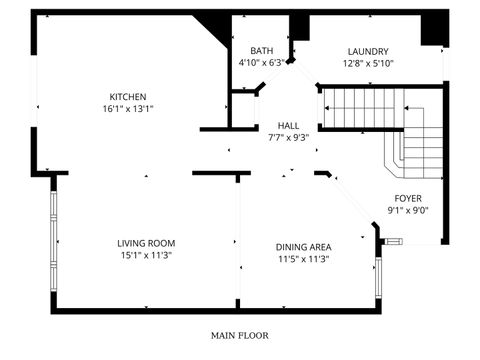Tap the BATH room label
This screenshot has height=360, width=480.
(262, 51)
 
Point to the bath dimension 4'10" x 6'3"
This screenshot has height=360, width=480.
(262, 62)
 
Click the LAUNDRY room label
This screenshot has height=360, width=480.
(368, 52)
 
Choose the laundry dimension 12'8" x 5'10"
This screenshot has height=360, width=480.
(368, 63)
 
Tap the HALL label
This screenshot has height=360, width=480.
(288, 126)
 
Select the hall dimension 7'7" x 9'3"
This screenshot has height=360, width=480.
(288, 138)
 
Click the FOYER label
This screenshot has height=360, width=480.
(408, 199)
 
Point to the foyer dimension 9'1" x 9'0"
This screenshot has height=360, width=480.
(408, 211)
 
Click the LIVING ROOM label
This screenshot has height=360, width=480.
(146, 243)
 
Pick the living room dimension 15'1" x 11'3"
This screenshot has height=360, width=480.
(146, 255)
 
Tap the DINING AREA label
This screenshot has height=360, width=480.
(303, 247)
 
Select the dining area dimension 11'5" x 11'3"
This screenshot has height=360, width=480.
(303, 259)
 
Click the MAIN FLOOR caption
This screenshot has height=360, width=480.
(239, 335)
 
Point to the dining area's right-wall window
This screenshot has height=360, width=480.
(377, 277)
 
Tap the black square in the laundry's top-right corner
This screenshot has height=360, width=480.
(432, 30)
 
